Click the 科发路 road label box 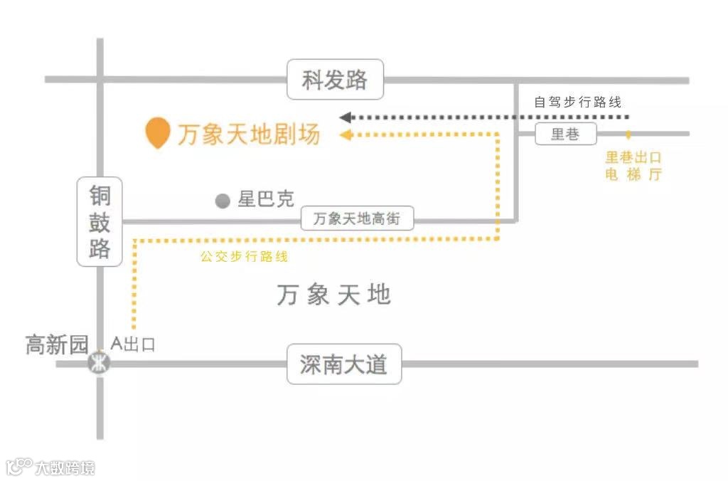[335, 80]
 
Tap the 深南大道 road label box [344, 364]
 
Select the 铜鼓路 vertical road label [100, 222]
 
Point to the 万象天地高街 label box [357, 219]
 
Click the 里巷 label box [565, 134]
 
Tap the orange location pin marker [158, 132]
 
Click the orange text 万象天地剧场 [249, 134]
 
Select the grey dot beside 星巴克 [223, 201]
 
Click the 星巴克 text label [266, 199]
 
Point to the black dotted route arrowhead [346, 117]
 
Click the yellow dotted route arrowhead [346, 135]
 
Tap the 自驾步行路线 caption [577, 102]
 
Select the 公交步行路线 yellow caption [244, 257]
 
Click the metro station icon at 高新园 [99, 364]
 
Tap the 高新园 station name [57, 346]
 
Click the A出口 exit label [133, 345]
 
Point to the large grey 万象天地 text [334, 294]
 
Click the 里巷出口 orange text [633, 158]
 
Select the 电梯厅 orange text [633, 175]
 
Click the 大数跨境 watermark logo [50, 467]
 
